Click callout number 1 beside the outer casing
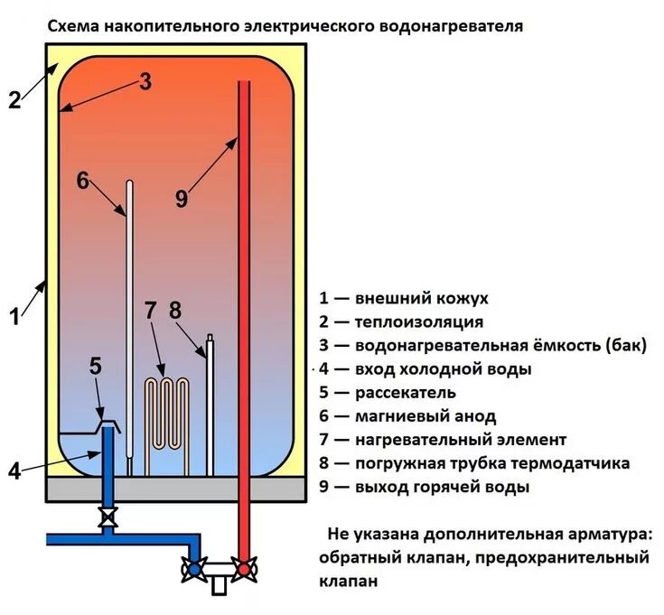(14, 316)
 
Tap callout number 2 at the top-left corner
(14, 99)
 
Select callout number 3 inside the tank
(145, 80)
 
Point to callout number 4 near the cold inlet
(14, 470)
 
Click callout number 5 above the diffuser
(96, 366)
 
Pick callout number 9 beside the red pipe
(182, 199)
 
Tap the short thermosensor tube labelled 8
(210, 406)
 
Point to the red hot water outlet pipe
(243, 316)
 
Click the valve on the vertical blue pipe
(108, 519)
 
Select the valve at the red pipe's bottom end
(242, 570)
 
